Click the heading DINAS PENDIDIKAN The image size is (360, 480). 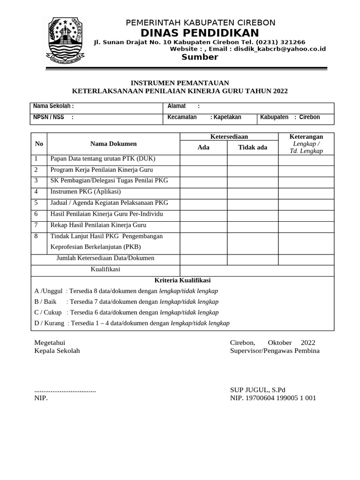coord(200,33)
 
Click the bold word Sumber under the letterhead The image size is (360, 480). coord(200,57)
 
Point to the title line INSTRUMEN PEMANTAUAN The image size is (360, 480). coord(180,82)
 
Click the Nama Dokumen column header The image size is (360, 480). coord(113,143)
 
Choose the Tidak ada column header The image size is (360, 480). coord(253,147)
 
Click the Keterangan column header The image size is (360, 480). coord(306,136)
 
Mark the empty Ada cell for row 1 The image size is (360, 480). coord(203,160)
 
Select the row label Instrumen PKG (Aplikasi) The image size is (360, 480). coord(85,192)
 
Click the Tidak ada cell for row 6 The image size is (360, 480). coord(253,214)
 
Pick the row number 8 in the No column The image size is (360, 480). coord(37,236)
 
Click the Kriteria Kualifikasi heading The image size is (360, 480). coord(182,280)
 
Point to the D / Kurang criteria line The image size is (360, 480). coord(132,323)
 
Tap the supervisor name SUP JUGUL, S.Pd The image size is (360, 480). coord(257,390)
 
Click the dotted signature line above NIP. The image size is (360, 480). coord(65,390)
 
